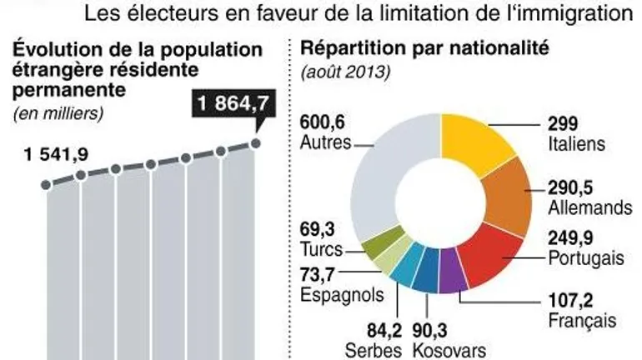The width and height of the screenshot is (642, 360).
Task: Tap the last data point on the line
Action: (x=256, y=143)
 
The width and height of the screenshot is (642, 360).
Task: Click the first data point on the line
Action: (x=45, y=183)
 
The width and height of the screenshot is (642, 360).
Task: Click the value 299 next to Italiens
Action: (x=562, y=122)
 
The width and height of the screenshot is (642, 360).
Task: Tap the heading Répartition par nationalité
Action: (x=425, y=47)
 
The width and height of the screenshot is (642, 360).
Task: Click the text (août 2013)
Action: (x=345, y=72)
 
